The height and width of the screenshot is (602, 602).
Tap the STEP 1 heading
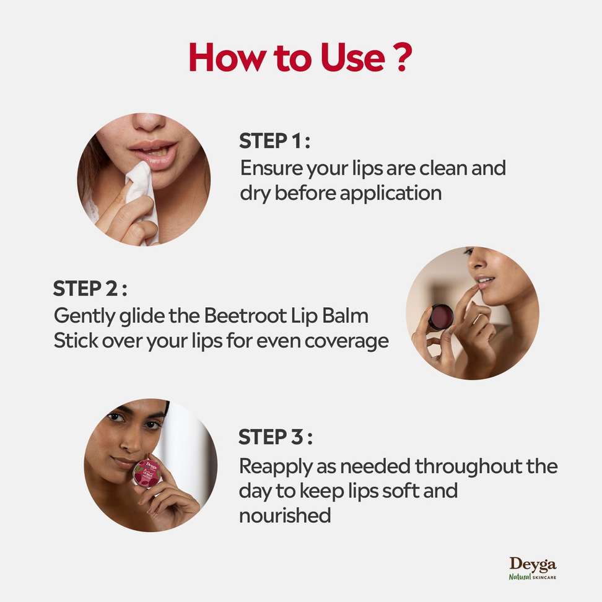pos(274,141)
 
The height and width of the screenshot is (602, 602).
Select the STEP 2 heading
pos(90,289)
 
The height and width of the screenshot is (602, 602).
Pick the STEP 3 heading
pos(275,437)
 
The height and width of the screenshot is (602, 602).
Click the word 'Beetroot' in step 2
pos(245,316)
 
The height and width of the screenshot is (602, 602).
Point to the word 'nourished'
pos(285,515)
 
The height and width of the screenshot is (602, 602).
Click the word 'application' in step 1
pos(390,193)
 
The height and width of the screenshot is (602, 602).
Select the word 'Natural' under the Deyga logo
pos(520,576)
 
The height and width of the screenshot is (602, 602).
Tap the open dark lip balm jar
pos(441,317)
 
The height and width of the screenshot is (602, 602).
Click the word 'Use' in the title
pos(352,58)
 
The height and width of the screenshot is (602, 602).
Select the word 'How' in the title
pos(227,57)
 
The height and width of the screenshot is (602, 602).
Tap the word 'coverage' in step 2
pos(346,341)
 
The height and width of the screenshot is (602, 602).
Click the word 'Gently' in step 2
pos(84,316)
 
